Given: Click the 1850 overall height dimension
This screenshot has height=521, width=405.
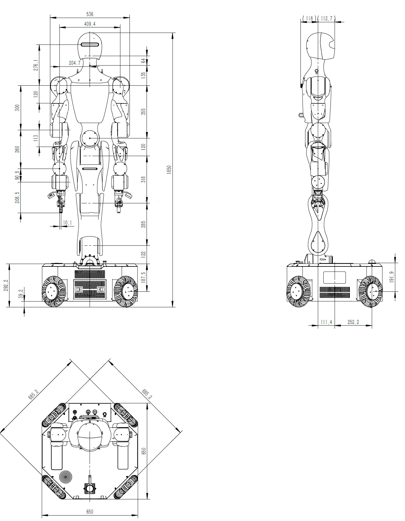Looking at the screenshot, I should click(x=169, y=170).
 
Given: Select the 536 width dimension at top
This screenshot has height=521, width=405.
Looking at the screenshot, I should click(x=90, y=14).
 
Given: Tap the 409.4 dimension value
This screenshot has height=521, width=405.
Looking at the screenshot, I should click(x=90, y=24).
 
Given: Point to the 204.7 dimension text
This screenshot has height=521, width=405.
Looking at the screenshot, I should click(x=75, y=63).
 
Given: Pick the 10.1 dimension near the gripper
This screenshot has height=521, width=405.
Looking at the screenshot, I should click(x=67, y=223).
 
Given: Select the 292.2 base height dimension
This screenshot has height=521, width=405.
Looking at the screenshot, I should click(x=5, y=286).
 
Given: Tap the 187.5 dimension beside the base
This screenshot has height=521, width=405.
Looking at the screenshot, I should click(x=144, y=277).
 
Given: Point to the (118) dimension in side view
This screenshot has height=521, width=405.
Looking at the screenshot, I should click(x=309, y=19).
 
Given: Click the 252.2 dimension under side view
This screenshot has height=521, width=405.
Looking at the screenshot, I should click(x=353, y=322).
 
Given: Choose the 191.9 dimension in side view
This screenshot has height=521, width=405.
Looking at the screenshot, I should click(x=392, y=277).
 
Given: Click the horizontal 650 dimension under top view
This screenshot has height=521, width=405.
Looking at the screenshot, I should click(x=90, y=512).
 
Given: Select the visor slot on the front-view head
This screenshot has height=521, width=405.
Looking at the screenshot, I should click(x=90, y=45).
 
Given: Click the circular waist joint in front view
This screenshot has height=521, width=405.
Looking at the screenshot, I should click(x=90, y=138).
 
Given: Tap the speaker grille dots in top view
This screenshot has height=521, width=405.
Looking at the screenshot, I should click(x=66, y=476).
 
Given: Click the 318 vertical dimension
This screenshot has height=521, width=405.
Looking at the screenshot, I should click(x=144, y=179).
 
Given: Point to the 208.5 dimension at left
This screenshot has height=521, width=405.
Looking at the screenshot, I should click(x=17, y=197).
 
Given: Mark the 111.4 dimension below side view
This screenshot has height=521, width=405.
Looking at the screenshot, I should click(x=326, y=322).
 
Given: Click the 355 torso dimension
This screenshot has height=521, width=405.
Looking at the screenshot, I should click(x=144, y=112).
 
